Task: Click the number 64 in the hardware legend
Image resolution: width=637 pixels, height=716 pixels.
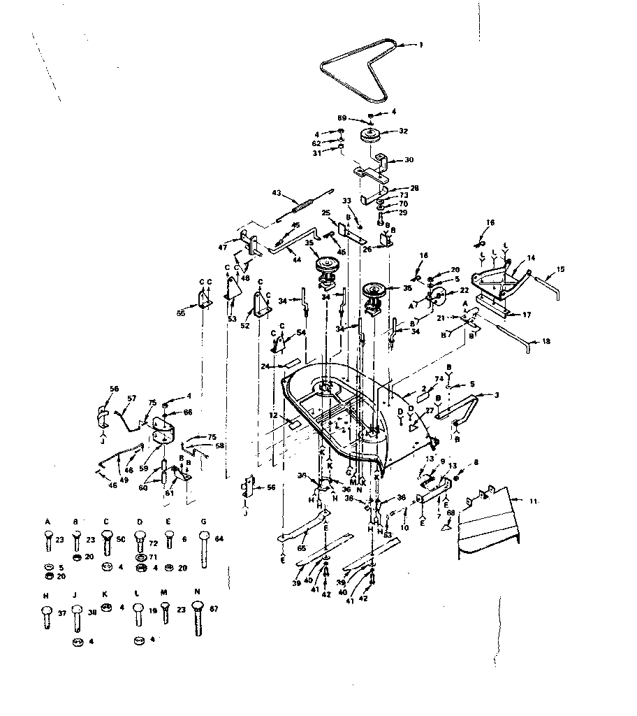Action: (219, 538)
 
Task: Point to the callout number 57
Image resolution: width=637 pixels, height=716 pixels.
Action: (131, 398)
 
